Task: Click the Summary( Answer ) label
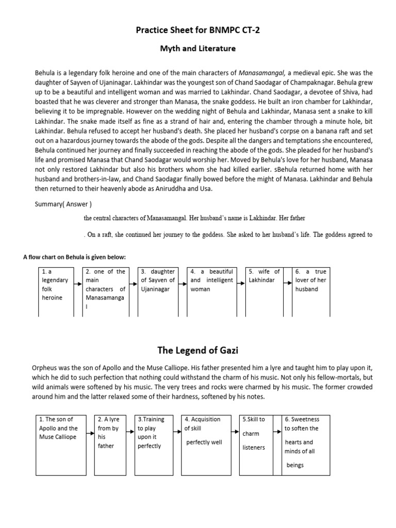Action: [63, 204]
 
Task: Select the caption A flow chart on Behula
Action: [74, 257]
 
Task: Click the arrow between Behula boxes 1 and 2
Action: [77, 284]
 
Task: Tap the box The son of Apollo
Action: [59, 443]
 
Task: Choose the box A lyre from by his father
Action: [110, 443]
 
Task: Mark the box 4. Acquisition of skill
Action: [205, 443]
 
